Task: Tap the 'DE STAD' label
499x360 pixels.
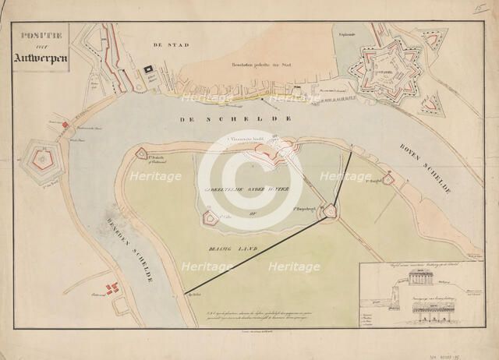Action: (167, 45)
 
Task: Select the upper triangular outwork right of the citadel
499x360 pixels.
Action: (431, 41)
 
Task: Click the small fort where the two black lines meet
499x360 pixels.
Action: (331, 210)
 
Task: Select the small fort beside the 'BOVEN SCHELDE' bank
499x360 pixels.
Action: (388, 180)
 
